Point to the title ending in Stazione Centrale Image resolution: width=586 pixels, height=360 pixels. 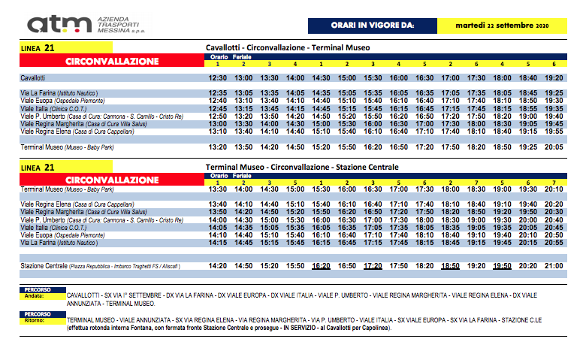point(301,166)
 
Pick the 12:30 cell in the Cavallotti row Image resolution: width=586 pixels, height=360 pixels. point(217,77)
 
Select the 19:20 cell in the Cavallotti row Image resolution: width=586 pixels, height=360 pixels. point(553,77)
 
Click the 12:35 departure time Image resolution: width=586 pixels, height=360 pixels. point(217,93)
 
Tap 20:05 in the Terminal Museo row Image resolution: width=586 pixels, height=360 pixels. point(553,147)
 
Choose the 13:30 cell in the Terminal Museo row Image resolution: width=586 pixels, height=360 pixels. point(217,189)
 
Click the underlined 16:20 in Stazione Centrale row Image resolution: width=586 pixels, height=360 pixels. point(322,265)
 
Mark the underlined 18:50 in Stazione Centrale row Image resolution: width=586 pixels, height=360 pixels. point(451,265)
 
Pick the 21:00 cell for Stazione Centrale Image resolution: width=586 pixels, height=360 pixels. point(553,265)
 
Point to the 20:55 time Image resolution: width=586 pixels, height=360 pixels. point(553,243)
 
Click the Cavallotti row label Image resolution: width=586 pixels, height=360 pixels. point(33,77)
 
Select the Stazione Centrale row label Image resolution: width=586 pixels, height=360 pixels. point(46,265)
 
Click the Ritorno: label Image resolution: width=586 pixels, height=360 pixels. point(35,320)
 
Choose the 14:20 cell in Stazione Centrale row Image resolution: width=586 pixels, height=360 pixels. point(217,265)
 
